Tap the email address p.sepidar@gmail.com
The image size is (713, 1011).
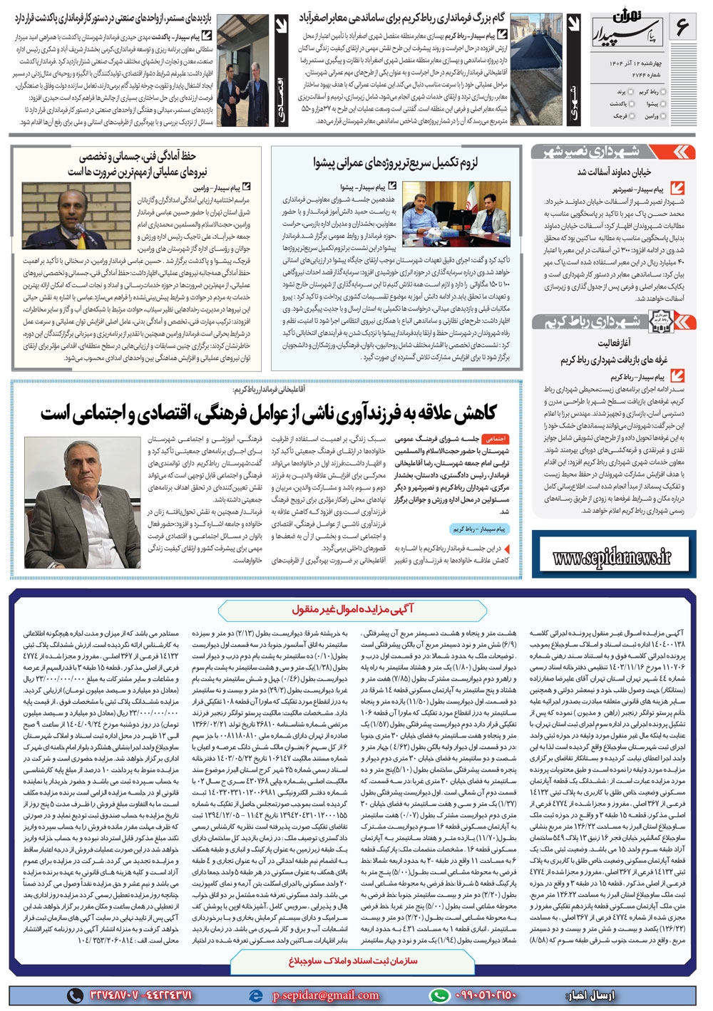point(326,995)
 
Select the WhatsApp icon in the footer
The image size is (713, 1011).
point(440,995)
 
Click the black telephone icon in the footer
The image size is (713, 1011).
point(75,995)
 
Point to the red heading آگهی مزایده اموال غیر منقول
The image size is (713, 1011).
point(352,609)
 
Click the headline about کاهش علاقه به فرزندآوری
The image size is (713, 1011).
point(268,413)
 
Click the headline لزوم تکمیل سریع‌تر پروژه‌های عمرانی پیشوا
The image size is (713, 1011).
point(396,162)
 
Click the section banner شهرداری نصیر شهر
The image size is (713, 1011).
point(612,152)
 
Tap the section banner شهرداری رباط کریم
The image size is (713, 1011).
point(612,322)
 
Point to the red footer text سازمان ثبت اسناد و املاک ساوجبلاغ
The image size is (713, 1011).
point(352,961)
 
